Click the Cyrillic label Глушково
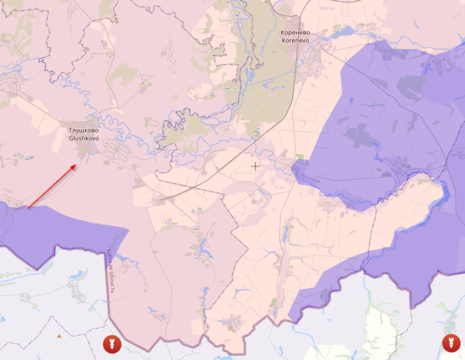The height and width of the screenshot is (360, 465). click(84, 131)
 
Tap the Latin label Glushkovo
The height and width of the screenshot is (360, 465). click(84, 139)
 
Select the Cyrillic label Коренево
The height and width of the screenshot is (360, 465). click(295, 33)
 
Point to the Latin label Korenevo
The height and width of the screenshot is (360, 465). click(295, 41)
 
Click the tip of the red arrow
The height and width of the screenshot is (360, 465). click(76, 165)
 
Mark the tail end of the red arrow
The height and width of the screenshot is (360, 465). click(28, 207)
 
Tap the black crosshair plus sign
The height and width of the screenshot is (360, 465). click(255, 166)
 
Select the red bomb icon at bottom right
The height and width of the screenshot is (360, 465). click(450, 343)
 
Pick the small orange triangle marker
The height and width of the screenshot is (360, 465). click(59, 336)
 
